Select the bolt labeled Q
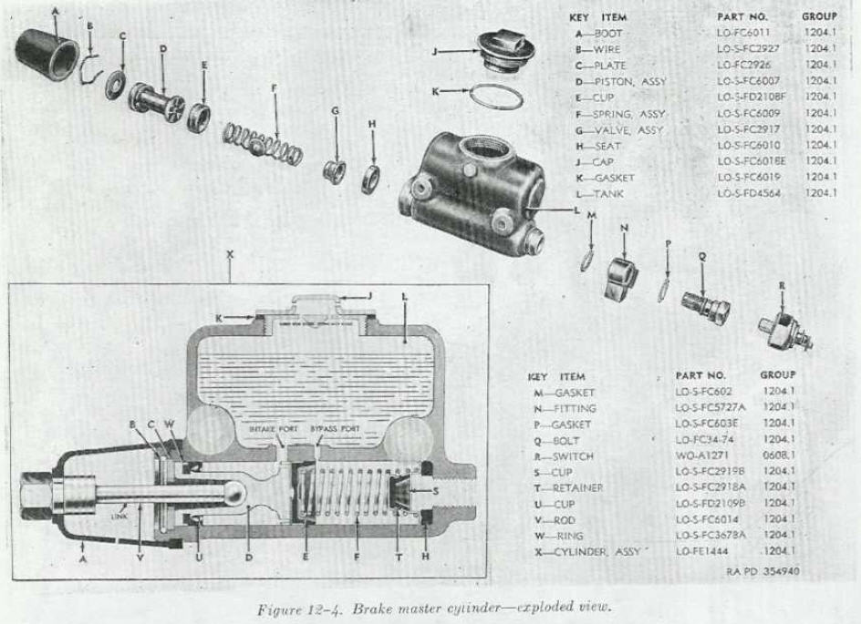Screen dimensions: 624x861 [x=706, y=306]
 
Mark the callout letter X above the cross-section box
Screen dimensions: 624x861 [x=229, y=256]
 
